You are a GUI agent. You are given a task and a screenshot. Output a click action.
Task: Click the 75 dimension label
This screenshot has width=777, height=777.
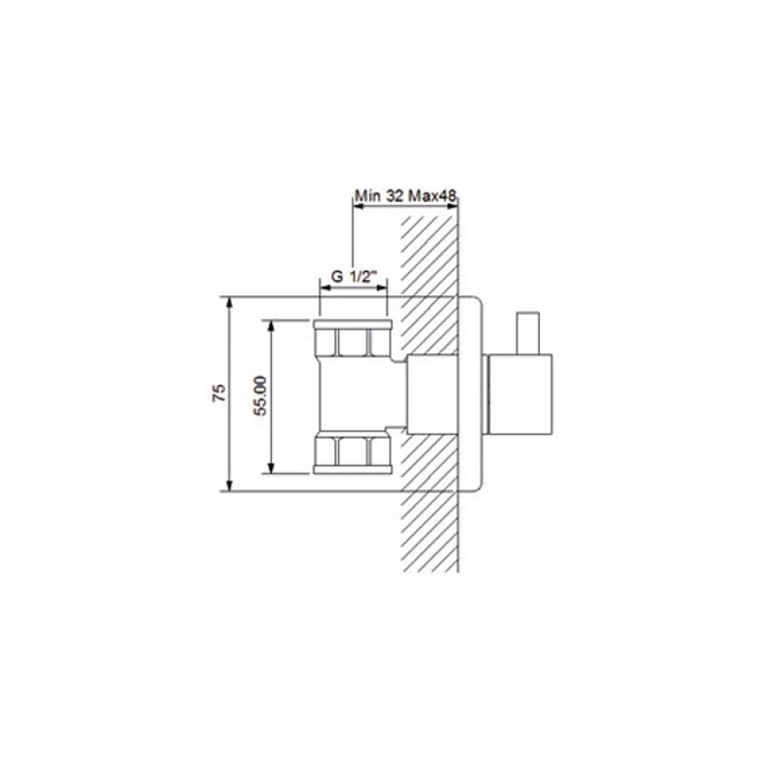pyautogui.click(x=219, y=393)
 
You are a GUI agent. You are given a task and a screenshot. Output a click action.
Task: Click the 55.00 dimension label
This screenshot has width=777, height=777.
pyautogui.click(x=260, y=395)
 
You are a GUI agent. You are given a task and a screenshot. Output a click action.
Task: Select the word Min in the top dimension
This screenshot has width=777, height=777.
pyautogui.click(x=368, y=197)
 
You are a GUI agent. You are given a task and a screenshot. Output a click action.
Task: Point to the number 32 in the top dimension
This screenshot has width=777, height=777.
pyautogui.click(x=395, y=197)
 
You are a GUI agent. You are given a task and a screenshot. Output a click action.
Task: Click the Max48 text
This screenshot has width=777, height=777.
pyautogui.click(x=431, y=197)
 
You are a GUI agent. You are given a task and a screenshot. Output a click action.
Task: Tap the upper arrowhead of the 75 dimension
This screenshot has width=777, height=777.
pyautogui.click(x=229, y=303)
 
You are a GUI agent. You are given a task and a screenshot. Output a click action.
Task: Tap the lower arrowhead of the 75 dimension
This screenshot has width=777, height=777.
pyautogui.click(x=229, y=485)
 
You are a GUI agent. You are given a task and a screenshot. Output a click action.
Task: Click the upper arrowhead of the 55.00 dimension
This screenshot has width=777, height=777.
pyautogui.click(x=270, y=326)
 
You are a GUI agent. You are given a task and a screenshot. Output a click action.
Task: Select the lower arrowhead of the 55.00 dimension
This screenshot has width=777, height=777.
pyautogui.click(x=270, y=467)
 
